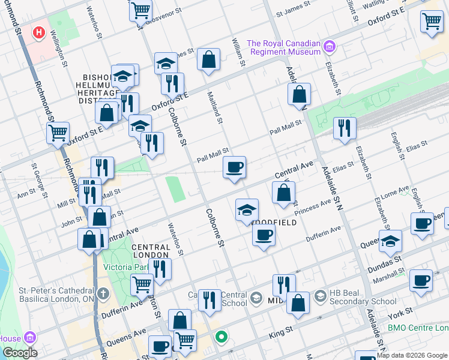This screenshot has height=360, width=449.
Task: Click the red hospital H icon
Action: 40,32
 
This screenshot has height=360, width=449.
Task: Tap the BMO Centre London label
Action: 418,328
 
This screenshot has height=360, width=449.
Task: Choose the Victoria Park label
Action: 125,268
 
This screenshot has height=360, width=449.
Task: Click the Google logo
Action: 20,353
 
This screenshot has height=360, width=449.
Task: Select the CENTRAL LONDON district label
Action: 151,251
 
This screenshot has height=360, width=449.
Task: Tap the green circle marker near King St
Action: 221,337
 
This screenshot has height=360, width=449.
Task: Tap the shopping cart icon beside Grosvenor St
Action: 140,10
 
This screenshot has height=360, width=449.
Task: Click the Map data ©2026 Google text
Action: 412,356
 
